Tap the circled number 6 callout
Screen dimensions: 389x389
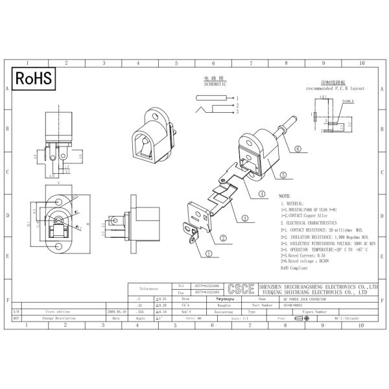tap(298, 148)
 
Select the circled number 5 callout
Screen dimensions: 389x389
tap(283, 174)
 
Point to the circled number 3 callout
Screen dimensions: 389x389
tap(245, 218)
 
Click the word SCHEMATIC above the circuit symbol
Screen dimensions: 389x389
tap(215, 84)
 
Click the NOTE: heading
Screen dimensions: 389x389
tap(285, 195)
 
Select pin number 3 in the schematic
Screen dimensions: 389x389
tap(237, 112)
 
